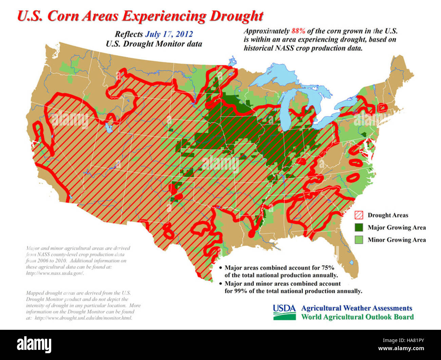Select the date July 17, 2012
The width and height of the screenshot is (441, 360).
(169, 34)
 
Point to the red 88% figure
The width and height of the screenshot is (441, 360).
(298, 31)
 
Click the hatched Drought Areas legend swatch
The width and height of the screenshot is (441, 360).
(359, 215)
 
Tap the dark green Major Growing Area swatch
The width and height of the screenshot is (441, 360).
(359, 227)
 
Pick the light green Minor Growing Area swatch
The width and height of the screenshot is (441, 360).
(359, 240)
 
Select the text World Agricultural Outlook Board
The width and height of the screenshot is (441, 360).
(357, 317)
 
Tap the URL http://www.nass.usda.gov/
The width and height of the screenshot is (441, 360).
(55, 273)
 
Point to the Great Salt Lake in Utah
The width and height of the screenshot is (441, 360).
(109, 128)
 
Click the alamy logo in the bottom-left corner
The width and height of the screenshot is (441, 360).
(34, 345)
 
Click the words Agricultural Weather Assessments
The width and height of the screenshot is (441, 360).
(357, 308)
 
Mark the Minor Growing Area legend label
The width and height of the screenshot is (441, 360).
(397, 240)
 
